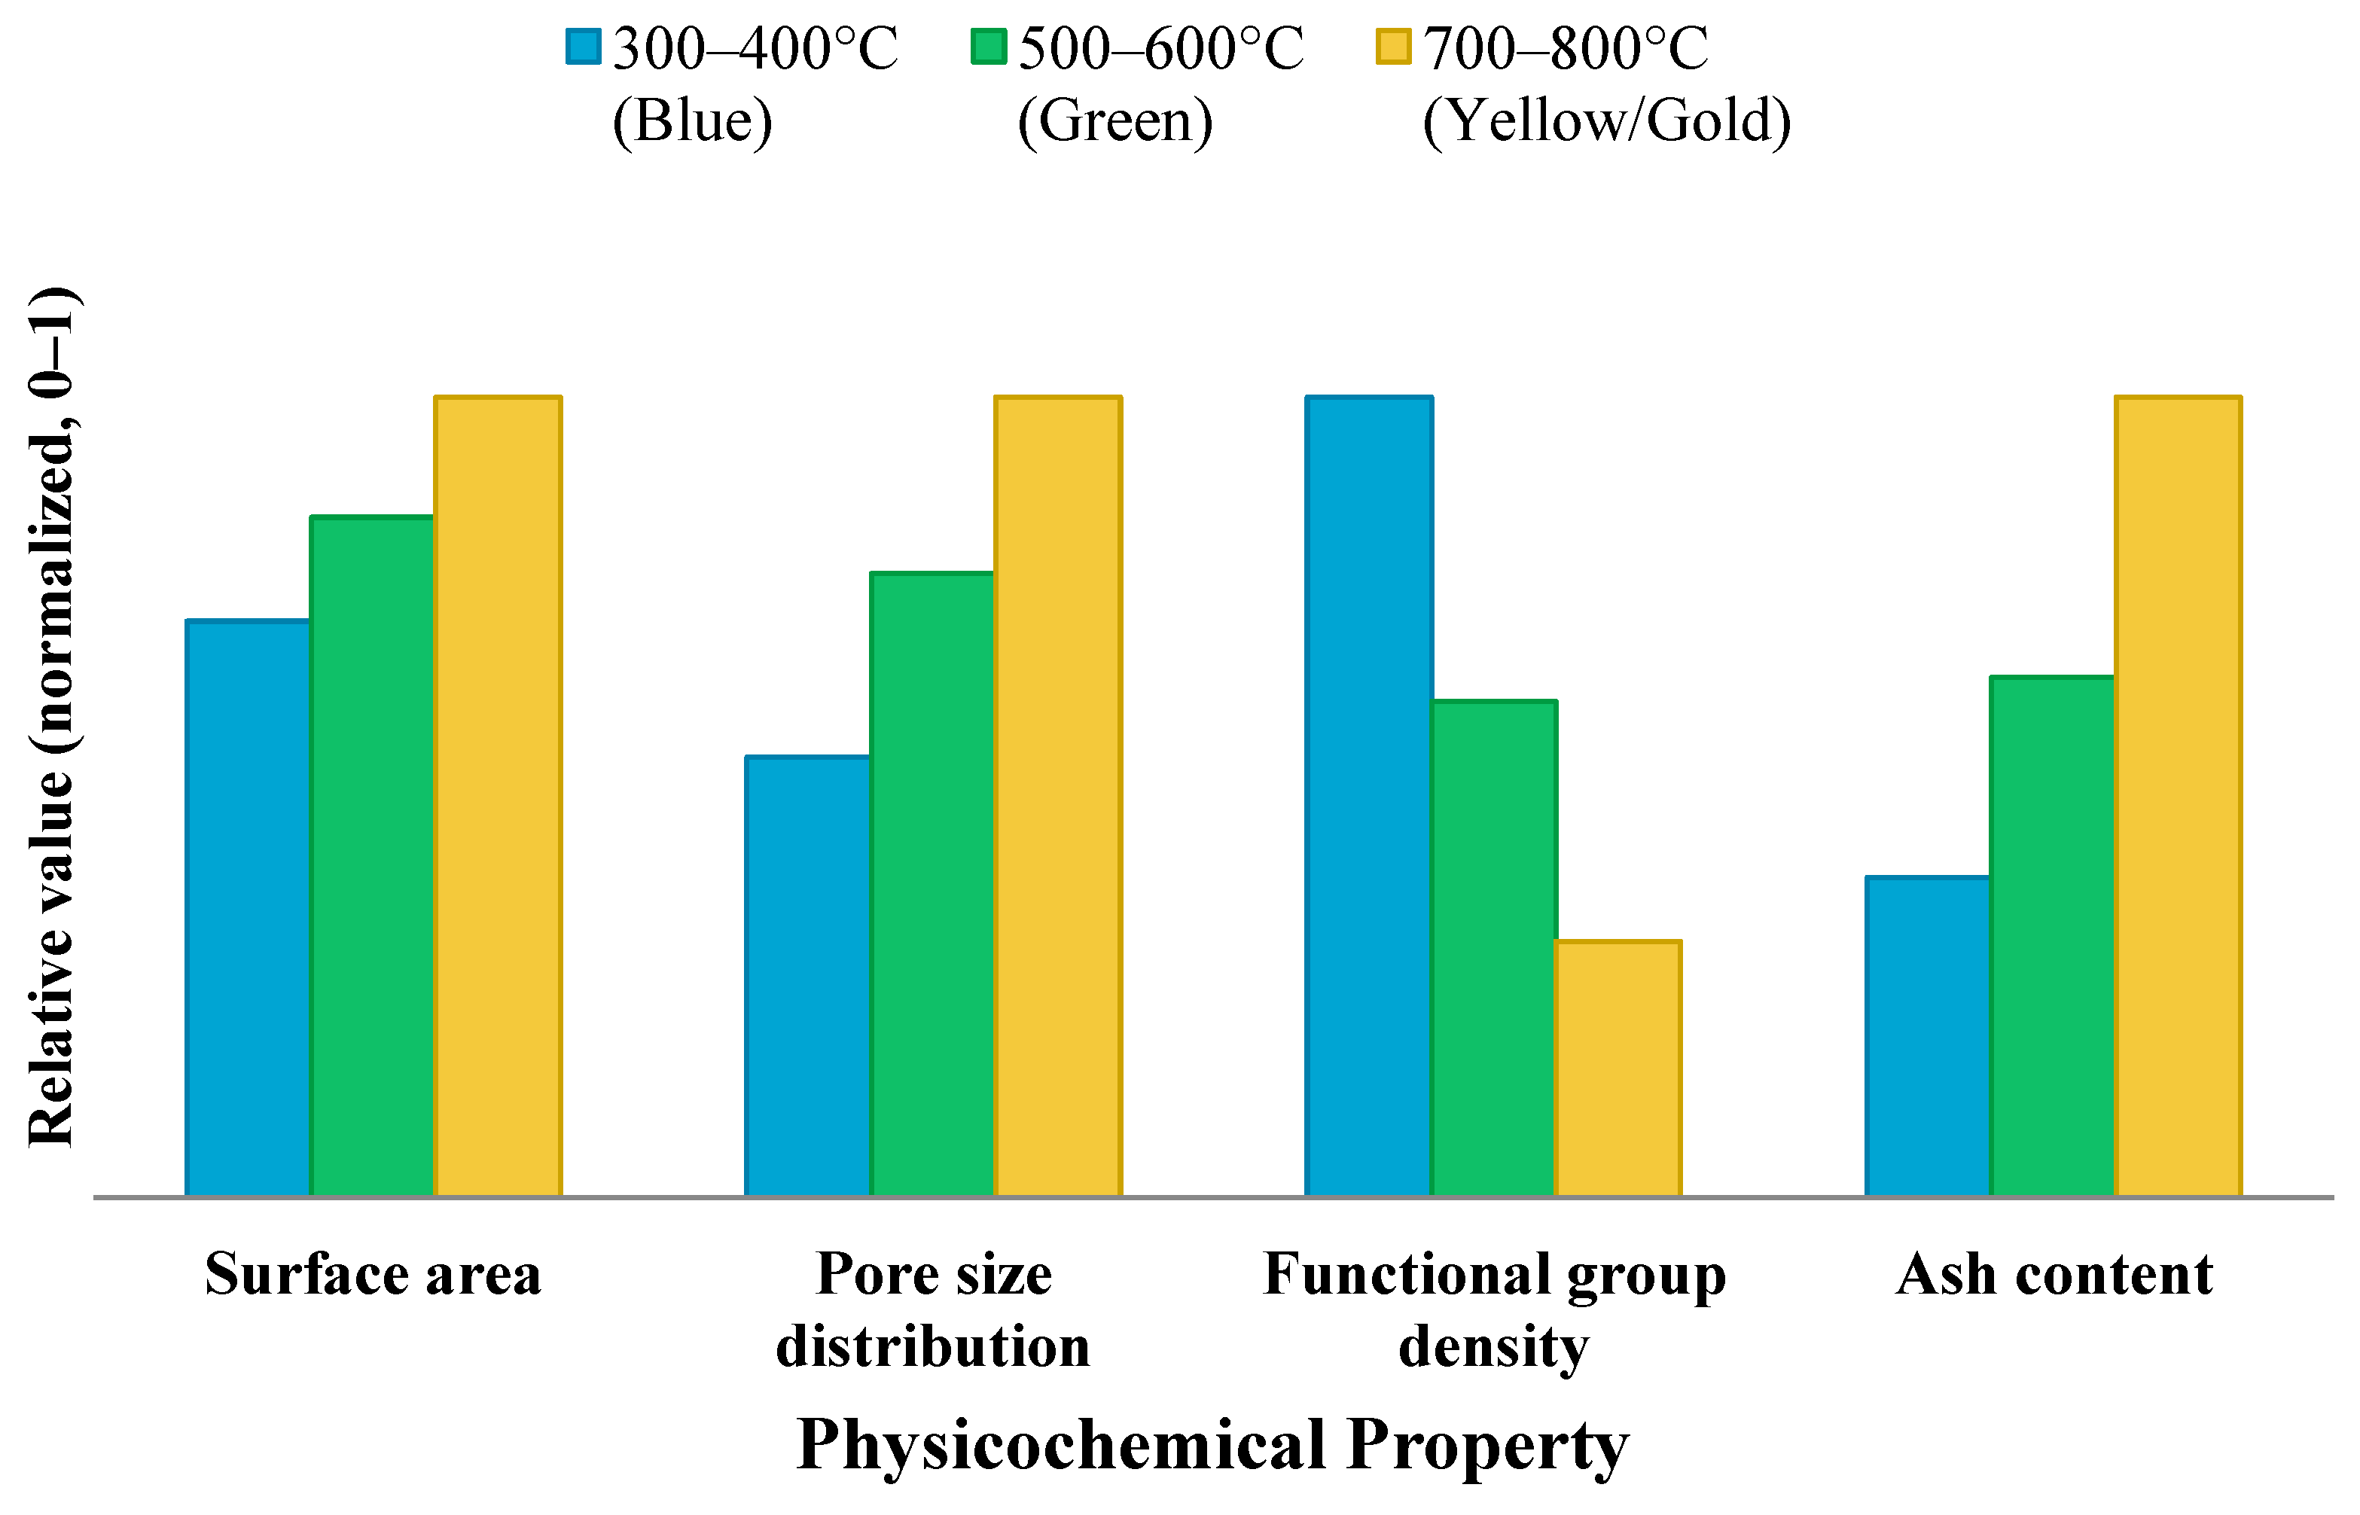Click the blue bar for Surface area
point(248,908)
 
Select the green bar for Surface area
point(373,856)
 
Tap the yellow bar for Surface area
point(499,796)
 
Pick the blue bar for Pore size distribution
point(808,976)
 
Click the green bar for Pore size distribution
point(932,883)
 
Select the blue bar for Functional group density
point(1368,796)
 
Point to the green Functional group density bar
point(1493,948)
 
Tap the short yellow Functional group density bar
point(1618,1068)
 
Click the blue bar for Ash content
point(1929,1036)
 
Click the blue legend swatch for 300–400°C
point(584,46)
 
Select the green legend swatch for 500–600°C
point(989,46)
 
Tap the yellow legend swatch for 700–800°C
point(1394,46)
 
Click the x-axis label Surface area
point(373,1275)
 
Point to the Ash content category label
point(2054,1275)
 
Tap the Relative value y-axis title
point(50,717)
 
